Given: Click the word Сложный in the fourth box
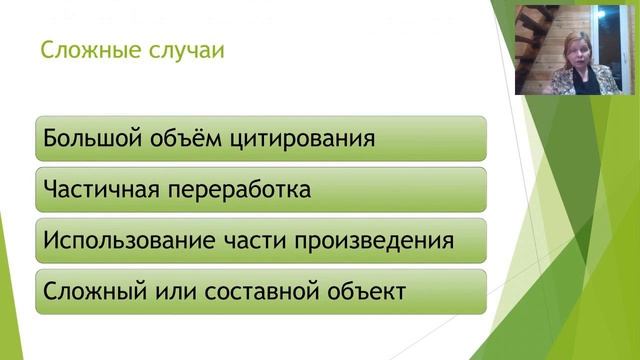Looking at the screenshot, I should point(87,293).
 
